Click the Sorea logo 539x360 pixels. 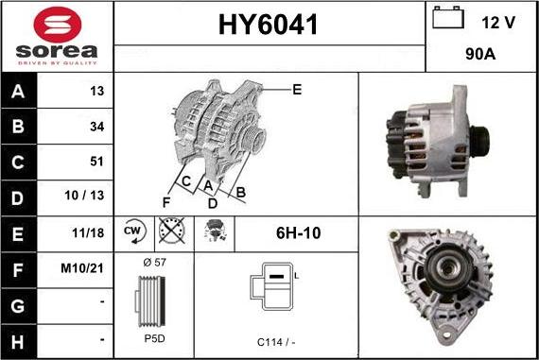click(57, 36)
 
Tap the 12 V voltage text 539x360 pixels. click(499, 22)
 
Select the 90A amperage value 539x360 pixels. click(481, 55)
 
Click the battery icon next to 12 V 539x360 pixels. click(445, 19)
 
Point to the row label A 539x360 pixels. click(18, 92)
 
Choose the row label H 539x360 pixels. click(18, 336)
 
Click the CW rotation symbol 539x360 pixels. click(132, 231)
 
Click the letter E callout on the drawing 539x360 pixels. click(297, 90)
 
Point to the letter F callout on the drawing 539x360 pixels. click(165, 202)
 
